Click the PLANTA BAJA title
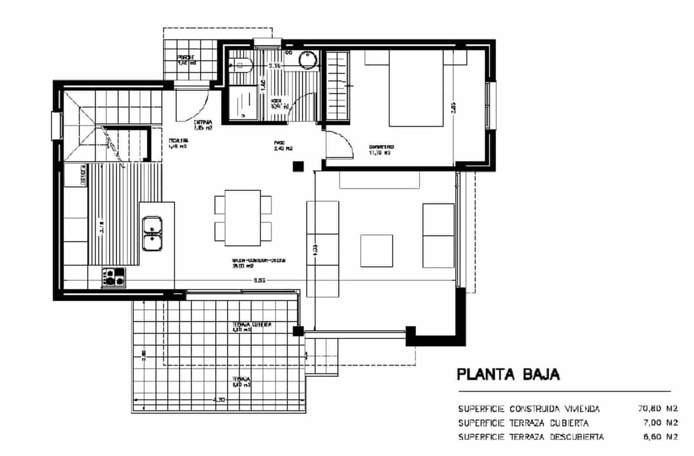(508, 374)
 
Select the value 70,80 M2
(658, 408)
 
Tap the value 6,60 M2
(660, 436)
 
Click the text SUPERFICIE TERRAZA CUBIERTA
(523, 423)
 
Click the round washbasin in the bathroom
(308, 60)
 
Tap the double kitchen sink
(152, 234)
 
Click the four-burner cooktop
(114, 277)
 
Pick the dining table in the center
(242, 218)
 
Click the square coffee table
(376, 251)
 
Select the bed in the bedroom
(416, 89)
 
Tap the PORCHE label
(186, 60)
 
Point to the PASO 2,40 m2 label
(283, 146)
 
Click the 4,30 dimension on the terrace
(219, 400)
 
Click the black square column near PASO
(298, 166)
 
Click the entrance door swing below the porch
(193, 106)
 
